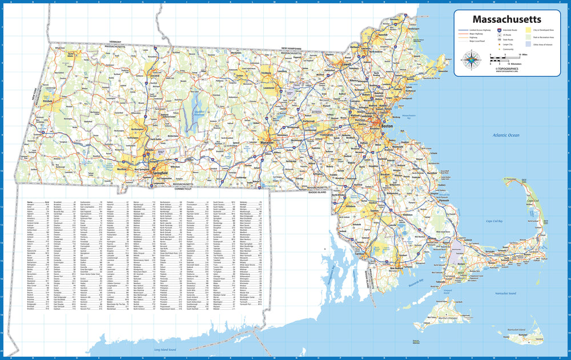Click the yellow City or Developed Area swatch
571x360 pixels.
point(528,30)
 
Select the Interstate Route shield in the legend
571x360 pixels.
point(499,30)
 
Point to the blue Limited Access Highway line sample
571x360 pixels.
point(463,29)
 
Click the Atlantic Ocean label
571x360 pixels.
point(506,135)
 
